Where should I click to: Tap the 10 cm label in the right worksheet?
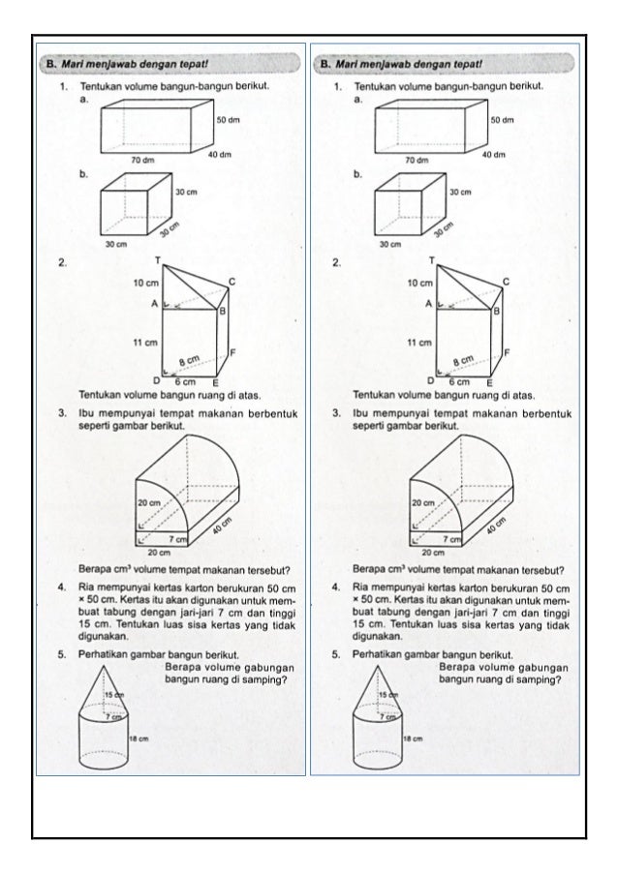[x=418, y=284]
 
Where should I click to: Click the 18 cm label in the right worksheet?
[x=414, y=738]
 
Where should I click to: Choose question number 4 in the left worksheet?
[x=61, y=587]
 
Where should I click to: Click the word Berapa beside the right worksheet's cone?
[x=455, y=667]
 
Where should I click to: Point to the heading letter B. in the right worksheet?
[x=325, y=65]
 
